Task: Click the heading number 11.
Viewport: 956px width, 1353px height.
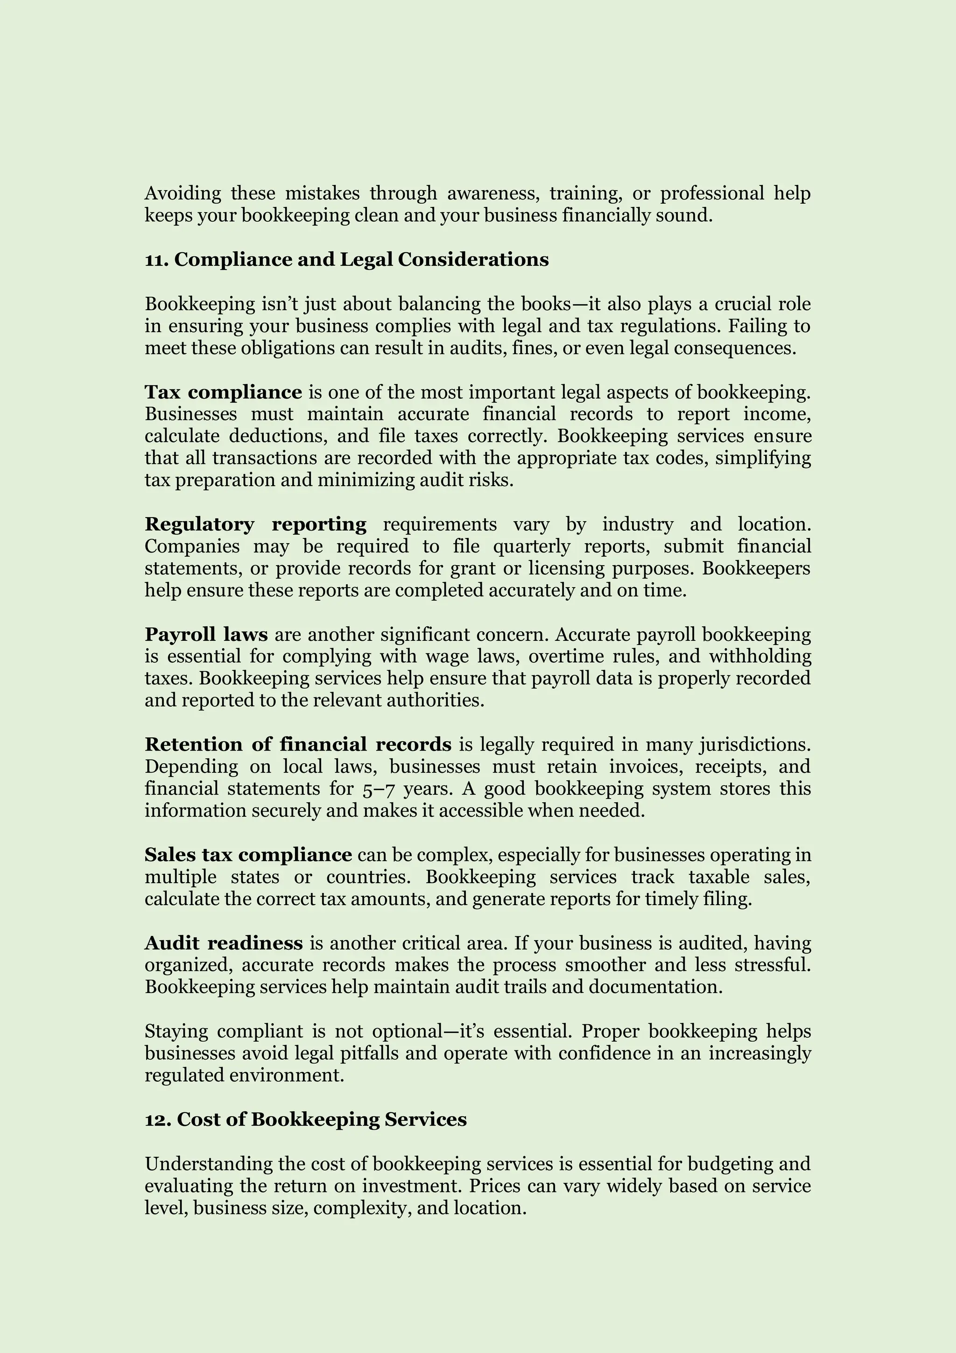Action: [x=155, y=260]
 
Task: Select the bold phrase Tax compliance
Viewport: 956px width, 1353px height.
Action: [x=223, y=392]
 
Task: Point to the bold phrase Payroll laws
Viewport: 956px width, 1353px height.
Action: [x=206, y=635]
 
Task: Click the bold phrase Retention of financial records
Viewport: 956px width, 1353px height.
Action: [x=298, y=745]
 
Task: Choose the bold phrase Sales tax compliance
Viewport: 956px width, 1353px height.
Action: [x=248, y=855]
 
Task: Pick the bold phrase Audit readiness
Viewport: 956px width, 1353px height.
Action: [x=224, y=943]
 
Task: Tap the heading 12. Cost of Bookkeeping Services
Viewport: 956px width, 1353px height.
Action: [x=306, y=1119]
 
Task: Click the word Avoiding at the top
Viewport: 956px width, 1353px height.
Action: [x=183, y=193]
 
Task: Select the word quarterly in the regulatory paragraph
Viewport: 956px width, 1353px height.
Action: [x=531, y=547]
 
